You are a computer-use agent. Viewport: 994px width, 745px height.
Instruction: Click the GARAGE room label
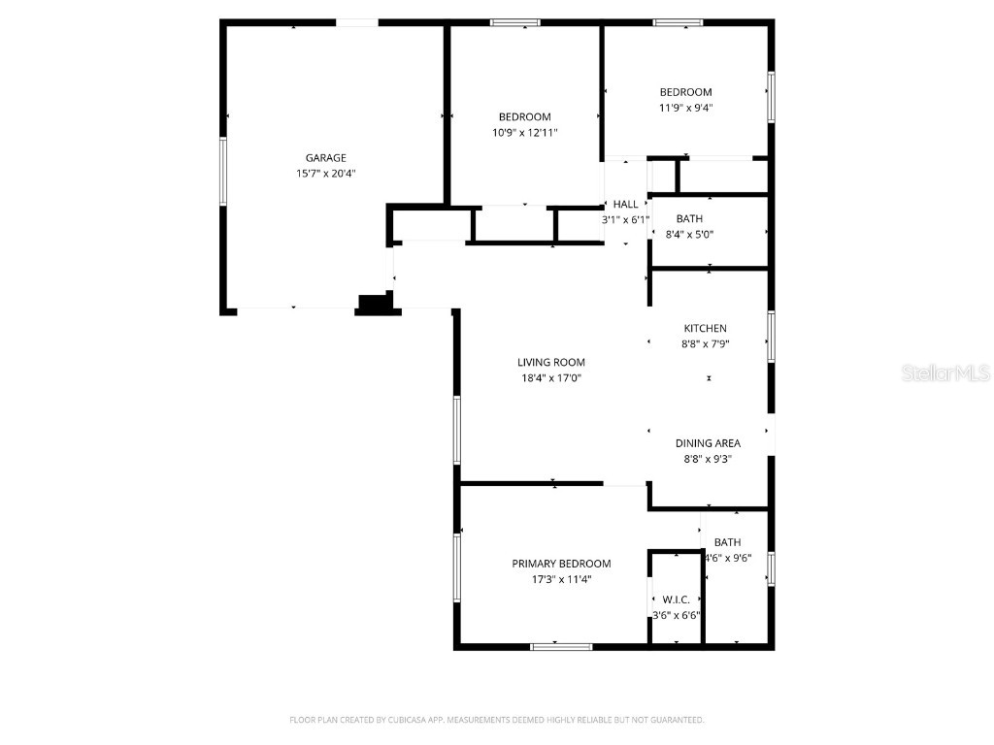click(x=325, y=158)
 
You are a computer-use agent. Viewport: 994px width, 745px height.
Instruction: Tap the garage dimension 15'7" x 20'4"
click(x=325, y=174)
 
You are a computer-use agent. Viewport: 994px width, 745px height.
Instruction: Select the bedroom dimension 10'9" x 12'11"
click(x=524, y=133)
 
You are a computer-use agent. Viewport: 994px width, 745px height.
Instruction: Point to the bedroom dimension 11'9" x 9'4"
click(x=685, y=109)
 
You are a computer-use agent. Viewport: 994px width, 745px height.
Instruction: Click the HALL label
click(x=626, y=205)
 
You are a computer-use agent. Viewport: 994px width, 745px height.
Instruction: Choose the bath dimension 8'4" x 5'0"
click(x=689, y=235)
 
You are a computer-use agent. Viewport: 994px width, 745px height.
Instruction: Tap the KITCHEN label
click(x=705, y=329)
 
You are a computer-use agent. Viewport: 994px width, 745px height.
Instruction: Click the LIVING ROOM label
click(x=550, y=363)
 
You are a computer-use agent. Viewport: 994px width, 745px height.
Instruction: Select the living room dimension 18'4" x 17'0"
click(x=550, y=379)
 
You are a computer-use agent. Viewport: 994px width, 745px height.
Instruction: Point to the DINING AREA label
click(x=708, y=443)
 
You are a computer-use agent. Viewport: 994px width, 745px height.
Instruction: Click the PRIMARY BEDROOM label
click(x=561, y=564)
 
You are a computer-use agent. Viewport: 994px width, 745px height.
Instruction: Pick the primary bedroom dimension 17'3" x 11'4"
click(x=561, y=580)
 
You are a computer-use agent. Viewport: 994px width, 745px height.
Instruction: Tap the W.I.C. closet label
click(x=676, y=600)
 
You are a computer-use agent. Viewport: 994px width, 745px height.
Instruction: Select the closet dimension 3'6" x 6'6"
click(x=676, y=616)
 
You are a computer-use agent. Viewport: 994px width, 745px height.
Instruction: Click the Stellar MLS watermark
click(x=944, y=372)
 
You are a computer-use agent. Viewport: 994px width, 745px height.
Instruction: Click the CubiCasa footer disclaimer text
click(x=496, y=720)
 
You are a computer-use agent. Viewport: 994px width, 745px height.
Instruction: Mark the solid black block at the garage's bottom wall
click(x=377, y=306)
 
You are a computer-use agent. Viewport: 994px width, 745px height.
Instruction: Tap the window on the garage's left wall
click(x=222, y=172)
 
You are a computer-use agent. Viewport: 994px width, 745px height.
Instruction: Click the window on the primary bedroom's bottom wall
click(x=561, y=646)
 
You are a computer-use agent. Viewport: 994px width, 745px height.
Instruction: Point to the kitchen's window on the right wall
click(x=772, y=337)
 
